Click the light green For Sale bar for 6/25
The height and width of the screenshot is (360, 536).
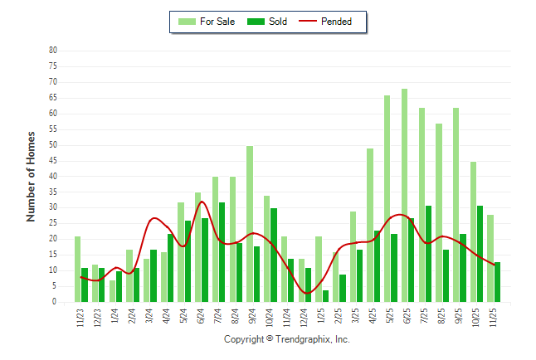pos(404,195)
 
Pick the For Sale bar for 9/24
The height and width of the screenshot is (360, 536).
pos(250,224)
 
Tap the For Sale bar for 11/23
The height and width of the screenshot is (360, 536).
pos(77,269)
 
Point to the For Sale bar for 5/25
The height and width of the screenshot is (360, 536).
pos(387,198)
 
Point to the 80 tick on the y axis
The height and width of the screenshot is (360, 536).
pos(52,51)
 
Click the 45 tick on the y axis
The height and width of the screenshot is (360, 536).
pos(52,161)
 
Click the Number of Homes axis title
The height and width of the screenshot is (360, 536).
pos(31,176)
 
